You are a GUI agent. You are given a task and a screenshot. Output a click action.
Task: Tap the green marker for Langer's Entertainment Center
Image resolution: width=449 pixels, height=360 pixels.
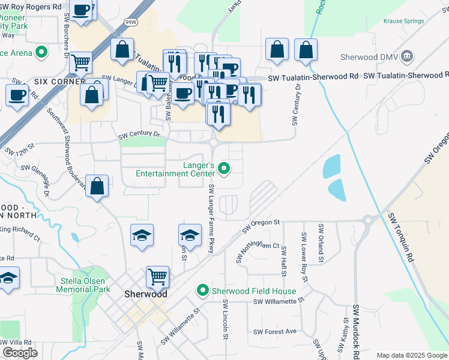[224, 169]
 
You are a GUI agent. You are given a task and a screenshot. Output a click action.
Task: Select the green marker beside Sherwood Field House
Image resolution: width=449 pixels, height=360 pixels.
[203, 291]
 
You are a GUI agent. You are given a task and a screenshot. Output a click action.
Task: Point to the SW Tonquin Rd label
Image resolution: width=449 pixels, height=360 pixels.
[401, 239]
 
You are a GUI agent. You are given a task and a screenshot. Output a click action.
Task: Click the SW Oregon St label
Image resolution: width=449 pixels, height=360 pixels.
[261, 226]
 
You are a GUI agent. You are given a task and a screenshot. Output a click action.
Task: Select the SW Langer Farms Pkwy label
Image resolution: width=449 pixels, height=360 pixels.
[211, 218]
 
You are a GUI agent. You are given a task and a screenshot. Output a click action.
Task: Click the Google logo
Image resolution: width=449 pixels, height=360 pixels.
[20, 353]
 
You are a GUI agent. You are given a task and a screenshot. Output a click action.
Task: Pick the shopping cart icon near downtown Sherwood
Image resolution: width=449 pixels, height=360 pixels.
[157, 277]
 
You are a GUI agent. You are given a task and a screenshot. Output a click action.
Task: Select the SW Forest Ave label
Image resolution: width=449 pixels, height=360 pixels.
[275, 331]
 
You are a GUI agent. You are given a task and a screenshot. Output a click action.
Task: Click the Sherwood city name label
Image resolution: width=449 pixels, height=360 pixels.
[145, 294]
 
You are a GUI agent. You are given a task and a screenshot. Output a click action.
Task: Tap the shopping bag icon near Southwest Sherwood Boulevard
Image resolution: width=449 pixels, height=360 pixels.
[97, 186]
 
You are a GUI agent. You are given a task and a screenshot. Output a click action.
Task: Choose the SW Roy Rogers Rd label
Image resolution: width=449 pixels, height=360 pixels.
[31, 6]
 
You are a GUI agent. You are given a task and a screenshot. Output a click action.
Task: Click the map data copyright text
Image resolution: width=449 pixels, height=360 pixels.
[411, 355]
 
